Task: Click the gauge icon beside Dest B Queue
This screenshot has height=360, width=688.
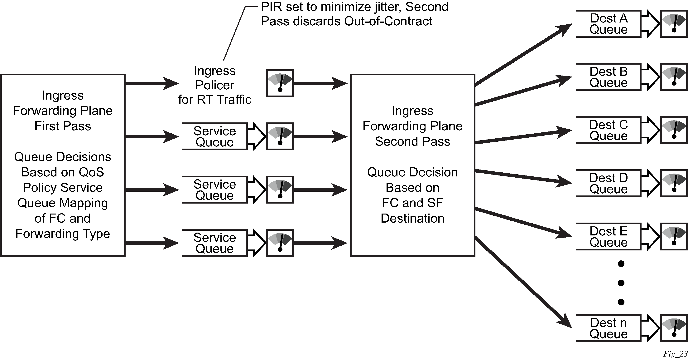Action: [x=674, y=77]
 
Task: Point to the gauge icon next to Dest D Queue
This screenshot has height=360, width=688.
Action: [x=674, y=183]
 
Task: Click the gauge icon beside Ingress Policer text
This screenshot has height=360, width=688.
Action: [x=280, y=83]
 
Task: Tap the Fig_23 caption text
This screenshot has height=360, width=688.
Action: [x=675, y=354]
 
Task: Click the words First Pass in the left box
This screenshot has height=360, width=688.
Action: [x=63, y=126]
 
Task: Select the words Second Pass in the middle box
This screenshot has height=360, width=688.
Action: [x=412, y=141]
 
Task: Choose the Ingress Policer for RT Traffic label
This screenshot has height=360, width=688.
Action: [x=215, y=85]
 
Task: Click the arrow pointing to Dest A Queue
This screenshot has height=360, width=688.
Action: [x=523, y=55]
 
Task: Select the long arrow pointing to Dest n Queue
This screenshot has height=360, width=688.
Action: [x=523, y=283]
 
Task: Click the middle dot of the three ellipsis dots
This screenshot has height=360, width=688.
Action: [x=621, y=283]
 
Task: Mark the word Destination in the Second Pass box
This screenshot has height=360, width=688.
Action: [x=412, y=218]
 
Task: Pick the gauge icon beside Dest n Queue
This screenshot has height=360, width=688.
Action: [x=674, y=328]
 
